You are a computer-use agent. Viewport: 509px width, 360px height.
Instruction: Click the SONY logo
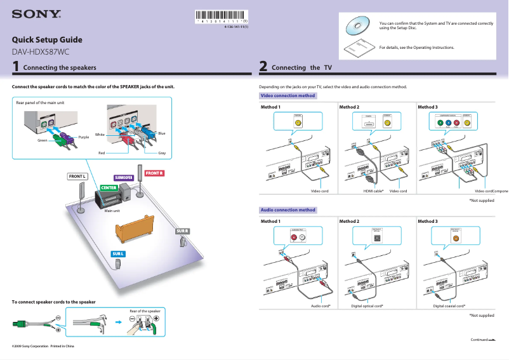36,13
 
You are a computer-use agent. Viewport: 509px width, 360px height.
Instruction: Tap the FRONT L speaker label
77,176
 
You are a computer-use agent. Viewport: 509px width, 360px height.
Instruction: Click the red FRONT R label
154,173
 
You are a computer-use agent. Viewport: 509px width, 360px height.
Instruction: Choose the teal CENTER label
108,188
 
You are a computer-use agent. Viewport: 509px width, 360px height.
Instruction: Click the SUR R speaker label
182,230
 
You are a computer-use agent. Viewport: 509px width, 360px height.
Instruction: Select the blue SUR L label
118,254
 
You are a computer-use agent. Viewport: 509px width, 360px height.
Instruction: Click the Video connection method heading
288,96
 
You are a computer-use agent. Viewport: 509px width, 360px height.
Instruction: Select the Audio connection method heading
288,210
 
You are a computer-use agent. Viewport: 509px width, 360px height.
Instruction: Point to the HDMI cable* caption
373,191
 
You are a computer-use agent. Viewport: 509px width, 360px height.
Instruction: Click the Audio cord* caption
321,306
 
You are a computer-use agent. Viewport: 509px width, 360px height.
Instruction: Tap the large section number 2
263,66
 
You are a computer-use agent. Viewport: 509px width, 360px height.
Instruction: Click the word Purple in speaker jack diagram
83,137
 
